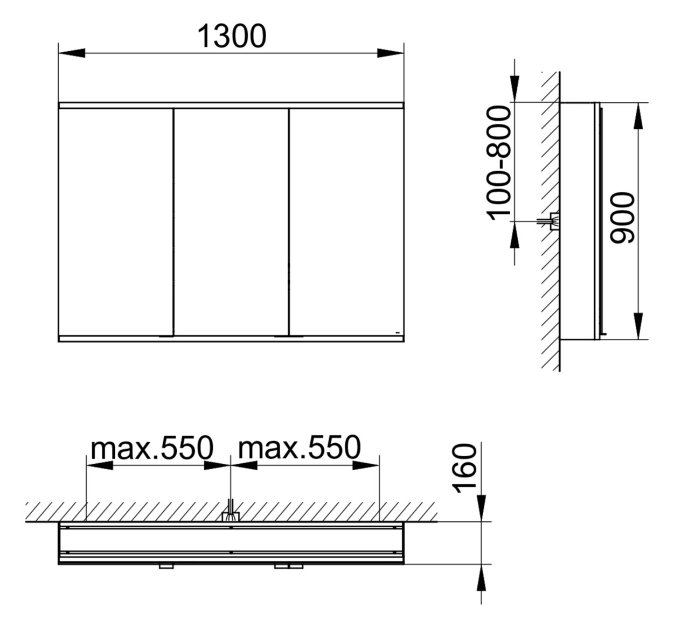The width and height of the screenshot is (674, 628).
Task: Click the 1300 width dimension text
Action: click(231, 37)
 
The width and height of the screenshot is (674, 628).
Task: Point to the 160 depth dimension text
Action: click(464, 468)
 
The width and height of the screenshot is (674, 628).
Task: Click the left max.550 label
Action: click(152, 448)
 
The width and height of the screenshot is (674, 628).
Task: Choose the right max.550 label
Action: click(300, 448)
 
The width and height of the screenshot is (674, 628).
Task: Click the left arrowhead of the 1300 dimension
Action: click(71, 53)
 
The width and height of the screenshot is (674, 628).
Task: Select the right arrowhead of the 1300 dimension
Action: click(391, 53)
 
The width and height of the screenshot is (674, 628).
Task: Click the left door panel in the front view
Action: click(115, 221)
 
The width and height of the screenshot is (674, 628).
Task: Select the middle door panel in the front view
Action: click(231, 221)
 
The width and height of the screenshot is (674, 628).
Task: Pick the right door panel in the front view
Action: click(346, 221)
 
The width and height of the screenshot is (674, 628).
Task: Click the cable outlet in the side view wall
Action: click(553, 221)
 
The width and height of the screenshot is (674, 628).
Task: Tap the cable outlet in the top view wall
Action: click(231, 516)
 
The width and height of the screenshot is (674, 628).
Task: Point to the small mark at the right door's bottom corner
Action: click(396, 332)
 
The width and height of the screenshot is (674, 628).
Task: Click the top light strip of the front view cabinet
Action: click(231, 106)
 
